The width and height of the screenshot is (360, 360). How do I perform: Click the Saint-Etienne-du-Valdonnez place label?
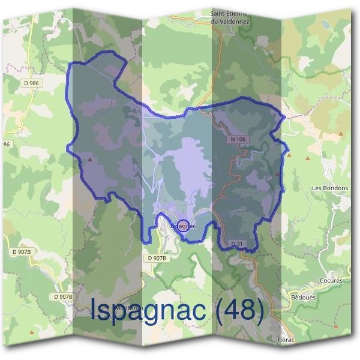point(229,16)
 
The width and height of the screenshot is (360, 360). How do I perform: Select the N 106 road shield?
point(238,139)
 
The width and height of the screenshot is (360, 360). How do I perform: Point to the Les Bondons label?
point(330,188)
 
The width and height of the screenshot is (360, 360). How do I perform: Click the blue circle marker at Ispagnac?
point(182,226)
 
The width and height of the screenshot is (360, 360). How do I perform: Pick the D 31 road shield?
point(236,243)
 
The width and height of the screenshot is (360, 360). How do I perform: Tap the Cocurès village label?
point(331,280)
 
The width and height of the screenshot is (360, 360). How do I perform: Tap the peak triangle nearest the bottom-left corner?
point(31,331)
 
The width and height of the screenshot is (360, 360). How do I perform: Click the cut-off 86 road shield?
point(7,145)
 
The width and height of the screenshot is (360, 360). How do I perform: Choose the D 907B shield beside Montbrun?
point(63,297)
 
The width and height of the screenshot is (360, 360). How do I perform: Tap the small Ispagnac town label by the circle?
point(185,226)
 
